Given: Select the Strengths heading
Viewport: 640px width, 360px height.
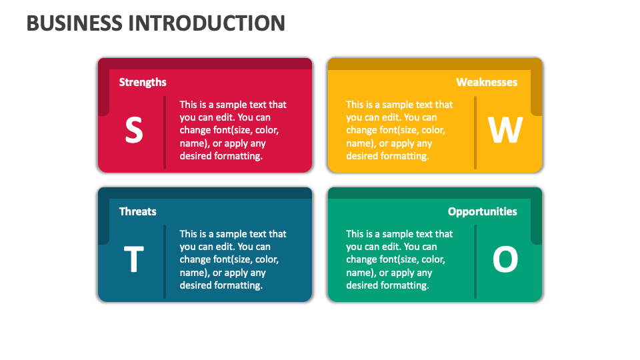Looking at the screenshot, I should point(143,82).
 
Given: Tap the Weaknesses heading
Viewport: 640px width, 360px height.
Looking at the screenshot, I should point(487,82).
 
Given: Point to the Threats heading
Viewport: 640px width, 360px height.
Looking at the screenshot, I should point(137,211).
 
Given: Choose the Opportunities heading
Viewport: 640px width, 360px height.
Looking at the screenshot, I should point(482,211).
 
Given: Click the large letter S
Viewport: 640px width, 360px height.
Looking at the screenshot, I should point(134,131).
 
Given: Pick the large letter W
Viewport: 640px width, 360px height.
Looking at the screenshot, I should point(505,131).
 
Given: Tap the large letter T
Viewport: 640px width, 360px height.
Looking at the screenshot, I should point(134,260).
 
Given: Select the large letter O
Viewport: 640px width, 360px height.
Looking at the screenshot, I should point(505,260).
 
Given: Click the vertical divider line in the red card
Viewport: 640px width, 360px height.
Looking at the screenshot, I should point(165,132).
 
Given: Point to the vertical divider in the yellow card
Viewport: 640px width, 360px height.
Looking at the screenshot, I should point(475,132).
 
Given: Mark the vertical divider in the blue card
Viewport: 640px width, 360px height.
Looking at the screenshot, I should point(165,261).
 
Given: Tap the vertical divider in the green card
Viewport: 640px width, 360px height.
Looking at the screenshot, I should point(475,261).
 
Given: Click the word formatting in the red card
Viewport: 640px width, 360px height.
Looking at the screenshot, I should point(238,156).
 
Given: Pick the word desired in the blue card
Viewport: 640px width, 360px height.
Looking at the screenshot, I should point(196,285).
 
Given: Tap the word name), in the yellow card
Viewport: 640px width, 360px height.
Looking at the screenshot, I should point(359,143).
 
